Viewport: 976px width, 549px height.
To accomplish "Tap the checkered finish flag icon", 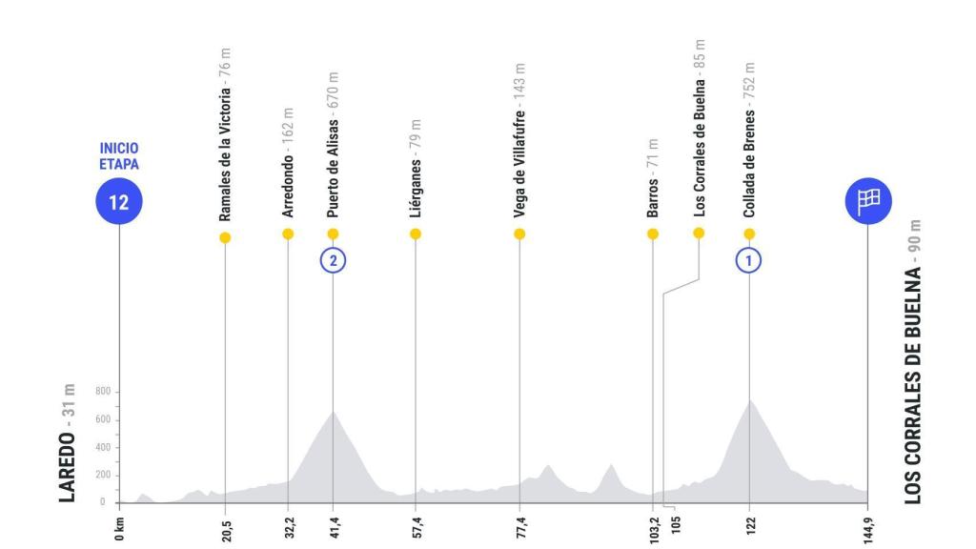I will pyautogui.click(x=867, y=200).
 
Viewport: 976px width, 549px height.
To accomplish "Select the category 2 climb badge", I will pyautogui.click(x=333, y=260).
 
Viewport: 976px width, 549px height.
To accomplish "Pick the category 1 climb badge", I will pyautogui.click(x=750, y=260).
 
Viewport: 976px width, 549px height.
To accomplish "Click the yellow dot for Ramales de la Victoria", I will pyautogui.click(x=225, y=237).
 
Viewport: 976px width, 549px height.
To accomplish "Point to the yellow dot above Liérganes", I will pyautogui.click(x=416, y=234).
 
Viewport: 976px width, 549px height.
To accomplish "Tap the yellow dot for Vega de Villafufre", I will pyautogui.click(x=519, y=234).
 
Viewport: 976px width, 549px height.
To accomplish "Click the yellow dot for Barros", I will pyautogui.click(x=653, y=234).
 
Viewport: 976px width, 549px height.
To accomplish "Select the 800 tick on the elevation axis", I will pyautogui.click(x=104, y=392).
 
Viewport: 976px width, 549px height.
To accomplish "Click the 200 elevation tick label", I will pyautogui.click(x=104, y=475).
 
